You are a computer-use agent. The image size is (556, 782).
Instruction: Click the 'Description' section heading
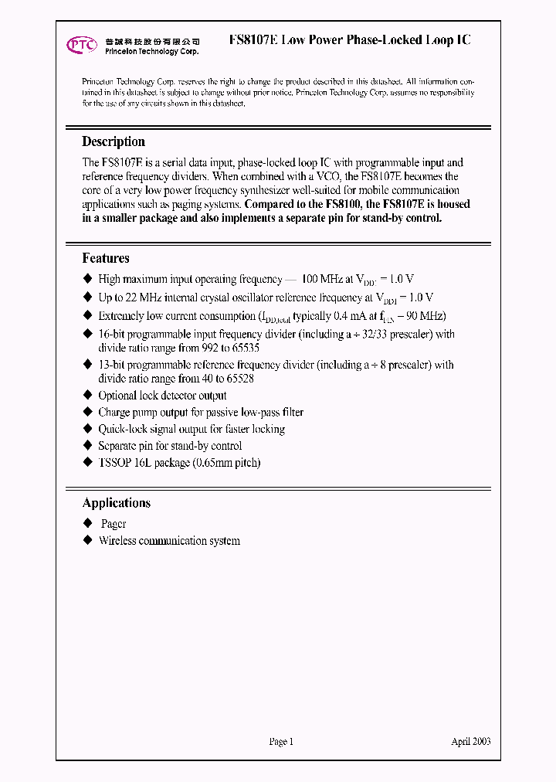(x=114, y=141)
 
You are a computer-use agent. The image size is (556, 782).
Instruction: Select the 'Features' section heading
(x=106, y=258)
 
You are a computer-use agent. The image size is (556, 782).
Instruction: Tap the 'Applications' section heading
(x=117, y=503)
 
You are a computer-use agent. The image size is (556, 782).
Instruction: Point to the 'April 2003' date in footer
(x=470, y=741)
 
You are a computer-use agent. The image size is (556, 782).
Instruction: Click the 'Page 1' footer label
(x=281, y=741)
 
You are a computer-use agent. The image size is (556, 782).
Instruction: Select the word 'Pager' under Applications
(x=114, y=524)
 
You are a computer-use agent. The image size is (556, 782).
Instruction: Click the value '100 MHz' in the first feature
(x=322, y=279)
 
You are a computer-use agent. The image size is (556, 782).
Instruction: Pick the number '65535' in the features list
(x=242, y=348)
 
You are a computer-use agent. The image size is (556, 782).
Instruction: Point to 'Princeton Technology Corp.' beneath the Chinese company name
(x=152, y=51)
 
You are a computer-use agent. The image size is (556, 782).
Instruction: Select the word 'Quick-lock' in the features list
(x=122, y=429)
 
